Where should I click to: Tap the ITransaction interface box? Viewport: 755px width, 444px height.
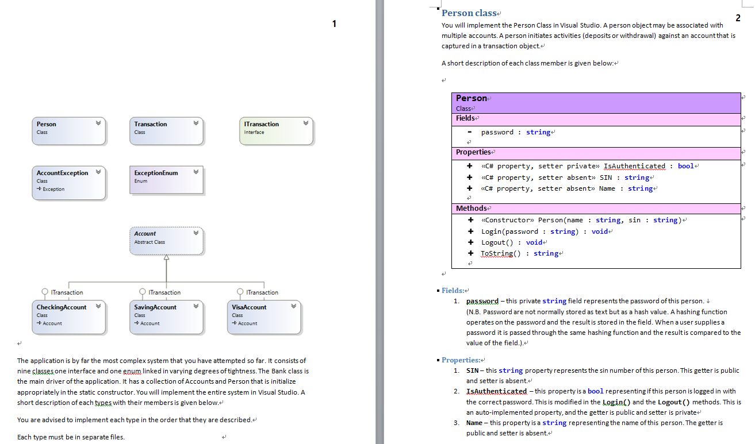click(x=277, y=130)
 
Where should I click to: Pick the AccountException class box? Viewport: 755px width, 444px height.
click(x=68, y=183)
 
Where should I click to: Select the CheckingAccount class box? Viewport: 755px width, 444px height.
click(x=68, y=318)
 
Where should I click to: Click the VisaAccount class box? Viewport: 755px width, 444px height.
click(x=264, y=318)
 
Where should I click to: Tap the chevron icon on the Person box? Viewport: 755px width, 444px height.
click(x=98, y=123)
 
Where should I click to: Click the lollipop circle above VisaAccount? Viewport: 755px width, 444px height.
click(x=240, y=292)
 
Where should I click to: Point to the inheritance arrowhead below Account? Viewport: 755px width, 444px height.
click(x=166, y=258)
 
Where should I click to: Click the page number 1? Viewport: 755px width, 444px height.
click(x=334, y=24)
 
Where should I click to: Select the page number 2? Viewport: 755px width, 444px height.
click(x=738, y=18)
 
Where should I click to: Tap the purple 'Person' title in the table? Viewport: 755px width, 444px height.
click(x=471, y=98)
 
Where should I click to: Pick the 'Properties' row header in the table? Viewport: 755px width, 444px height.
click(x=473, y=152)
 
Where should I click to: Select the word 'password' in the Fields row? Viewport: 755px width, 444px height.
click(x=497, y=132)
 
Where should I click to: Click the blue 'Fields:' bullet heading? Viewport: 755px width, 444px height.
click(x=453, y=290)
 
